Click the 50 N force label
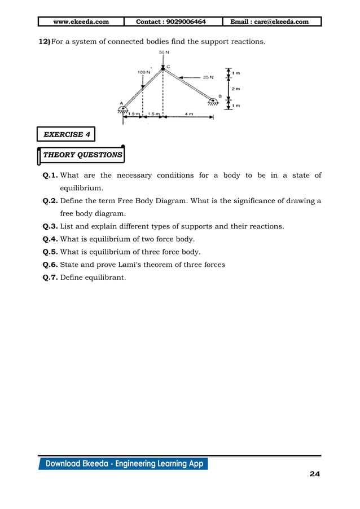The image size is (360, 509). pyautogui.click(x=163, y=52)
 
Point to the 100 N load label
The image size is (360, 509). pyautogui.click(x=144, y=72)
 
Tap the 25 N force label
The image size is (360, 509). pyautogui.click(x=208, y=78)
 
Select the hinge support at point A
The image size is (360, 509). pyautogui.click(x=122, y=109)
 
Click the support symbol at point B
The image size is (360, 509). pyautogui.click(x=213, y=102)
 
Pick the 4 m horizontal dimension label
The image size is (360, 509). pyautogui.click(x=188, y=113)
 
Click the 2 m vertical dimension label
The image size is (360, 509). pyautogui.click(x=235, y=89)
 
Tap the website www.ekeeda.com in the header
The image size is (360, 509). pyautogui.click(x=81, y=22)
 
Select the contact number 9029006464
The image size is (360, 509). pyautogui.click(x=171, y=22)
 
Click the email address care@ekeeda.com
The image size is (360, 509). pyautogui.click(x=270, y=22)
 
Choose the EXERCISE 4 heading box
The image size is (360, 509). pyautogui.click(x=66, y=134)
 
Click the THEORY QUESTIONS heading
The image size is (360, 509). pyautogui.click(x=82, y=155)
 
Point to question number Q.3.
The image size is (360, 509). pyautogui.click(x=50, y=226)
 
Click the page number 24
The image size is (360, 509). pyautogui.click(x=314, y=474)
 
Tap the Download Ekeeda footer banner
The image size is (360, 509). pyautogui.click(x=124, y=464)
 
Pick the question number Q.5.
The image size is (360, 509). pyautogui.click(x=50, y=252)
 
